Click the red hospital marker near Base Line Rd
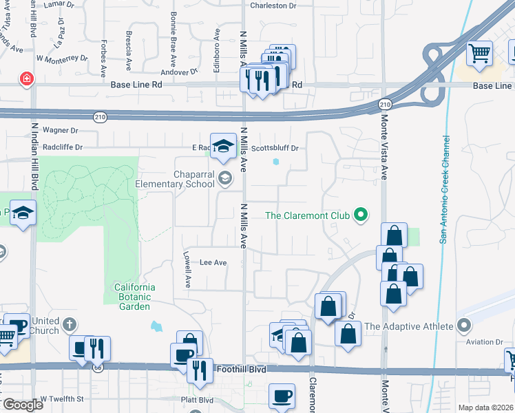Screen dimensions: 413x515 pyautogui.click(x=27, y=79)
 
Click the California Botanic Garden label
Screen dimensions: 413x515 pyautogui.click(x=135, y=292)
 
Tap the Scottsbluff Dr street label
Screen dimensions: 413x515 pyautogui.click(x=274, y=148)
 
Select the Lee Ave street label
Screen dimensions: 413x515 pyautogui.click(x=213, y=262)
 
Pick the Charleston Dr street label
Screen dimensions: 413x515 pyautogui.click(x=273, y=6)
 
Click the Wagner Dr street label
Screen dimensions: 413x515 pyautogui.click(x=61, y=130)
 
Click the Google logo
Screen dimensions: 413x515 pyautogui.click(x=22, y=405)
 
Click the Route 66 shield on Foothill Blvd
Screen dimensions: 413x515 pyautogui.click(x=98, y=368)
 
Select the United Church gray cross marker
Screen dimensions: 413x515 pyautogui.click(x=70, y=323)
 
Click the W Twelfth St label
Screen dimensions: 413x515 pyautogui.click(x=61, y=399)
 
